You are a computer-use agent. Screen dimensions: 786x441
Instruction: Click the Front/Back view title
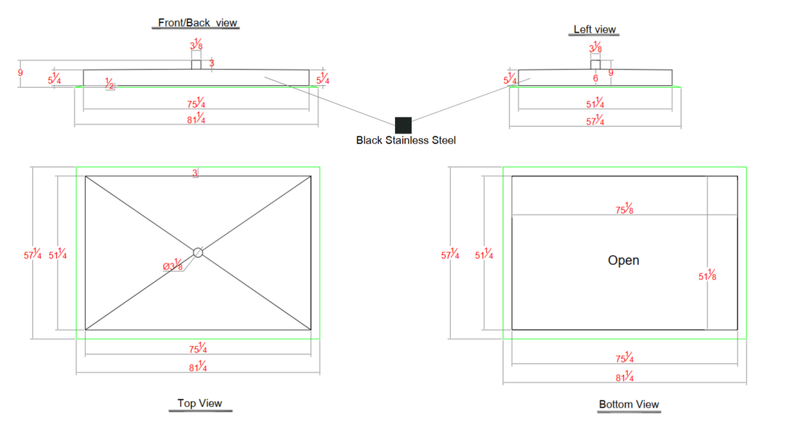point(198,23)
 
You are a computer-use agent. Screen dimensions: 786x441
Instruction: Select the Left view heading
point(595,29)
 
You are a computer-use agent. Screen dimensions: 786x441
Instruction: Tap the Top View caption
point(200,403)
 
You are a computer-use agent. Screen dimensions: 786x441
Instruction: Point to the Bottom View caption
point(629,404)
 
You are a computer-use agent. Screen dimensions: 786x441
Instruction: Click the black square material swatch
point(403,125)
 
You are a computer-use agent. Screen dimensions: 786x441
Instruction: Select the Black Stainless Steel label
point(405,140)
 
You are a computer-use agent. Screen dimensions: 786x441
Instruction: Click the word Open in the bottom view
point(623,260)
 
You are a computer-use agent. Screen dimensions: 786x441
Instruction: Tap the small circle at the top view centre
point(198,253)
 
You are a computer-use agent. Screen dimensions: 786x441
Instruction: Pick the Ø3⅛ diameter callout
point(173,265)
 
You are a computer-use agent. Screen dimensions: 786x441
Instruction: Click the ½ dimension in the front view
point(109,84)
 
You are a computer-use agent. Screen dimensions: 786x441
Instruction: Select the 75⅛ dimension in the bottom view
point(624,209)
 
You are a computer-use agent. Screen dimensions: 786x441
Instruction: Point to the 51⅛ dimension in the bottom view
point(707,275)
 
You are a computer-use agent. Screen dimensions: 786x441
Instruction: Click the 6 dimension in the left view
point(595,78)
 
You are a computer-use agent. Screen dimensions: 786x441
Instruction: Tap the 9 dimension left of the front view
point(20,73)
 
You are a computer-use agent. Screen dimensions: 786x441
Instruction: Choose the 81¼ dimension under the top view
point(198,366)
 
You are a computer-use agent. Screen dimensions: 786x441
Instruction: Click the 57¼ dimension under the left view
point(595,120)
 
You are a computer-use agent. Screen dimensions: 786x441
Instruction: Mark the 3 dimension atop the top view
point(195,173)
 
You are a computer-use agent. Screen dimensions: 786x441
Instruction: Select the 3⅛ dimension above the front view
point(196,44)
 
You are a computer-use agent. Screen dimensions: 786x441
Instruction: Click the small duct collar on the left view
point(595,65)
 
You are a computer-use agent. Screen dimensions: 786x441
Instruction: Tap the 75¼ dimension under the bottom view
point(624,357)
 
